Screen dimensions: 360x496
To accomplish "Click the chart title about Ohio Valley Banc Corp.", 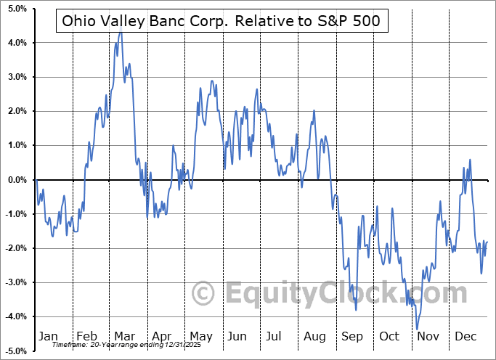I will coord(221,21).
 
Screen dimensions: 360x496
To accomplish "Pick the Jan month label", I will coord(47,336).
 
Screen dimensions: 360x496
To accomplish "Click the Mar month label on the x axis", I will coord(124,336).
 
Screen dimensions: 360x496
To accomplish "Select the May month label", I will coord(200,336).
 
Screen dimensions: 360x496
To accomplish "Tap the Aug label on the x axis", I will coord(315,336).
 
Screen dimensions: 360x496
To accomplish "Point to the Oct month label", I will coord(389,336).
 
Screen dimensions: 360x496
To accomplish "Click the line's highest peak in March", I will coord(120,33).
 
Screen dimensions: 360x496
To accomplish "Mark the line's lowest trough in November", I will coord(418,329).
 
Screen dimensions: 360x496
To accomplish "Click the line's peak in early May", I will coord(211,81).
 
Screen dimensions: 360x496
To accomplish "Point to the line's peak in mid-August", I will coord(314,110).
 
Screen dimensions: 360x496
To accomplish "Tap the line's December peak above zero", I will coord(470,159).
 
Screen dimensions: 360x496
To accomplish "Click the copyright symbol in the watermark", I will coord(203,294).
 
